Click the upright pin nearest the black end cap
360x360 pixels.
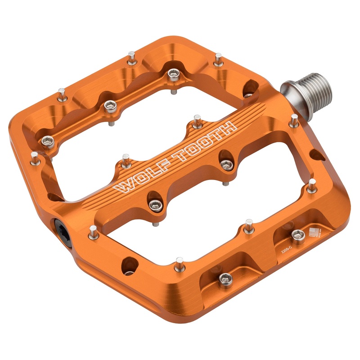[x=92, y=231]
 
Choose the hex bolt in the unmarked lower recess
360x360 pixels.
[x=225, y=279]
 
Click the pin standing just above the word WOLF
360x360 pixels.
[x=126, y=160]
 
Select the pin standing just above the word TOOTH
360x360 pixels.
[x=197, y=120]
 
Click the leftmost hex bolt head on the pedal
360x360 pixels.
[x=47, y=142]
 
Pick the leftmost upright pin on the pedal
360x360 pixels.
[x=34, y=157]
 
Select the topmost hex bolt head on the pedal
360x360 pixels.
[x=173, y=73]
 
